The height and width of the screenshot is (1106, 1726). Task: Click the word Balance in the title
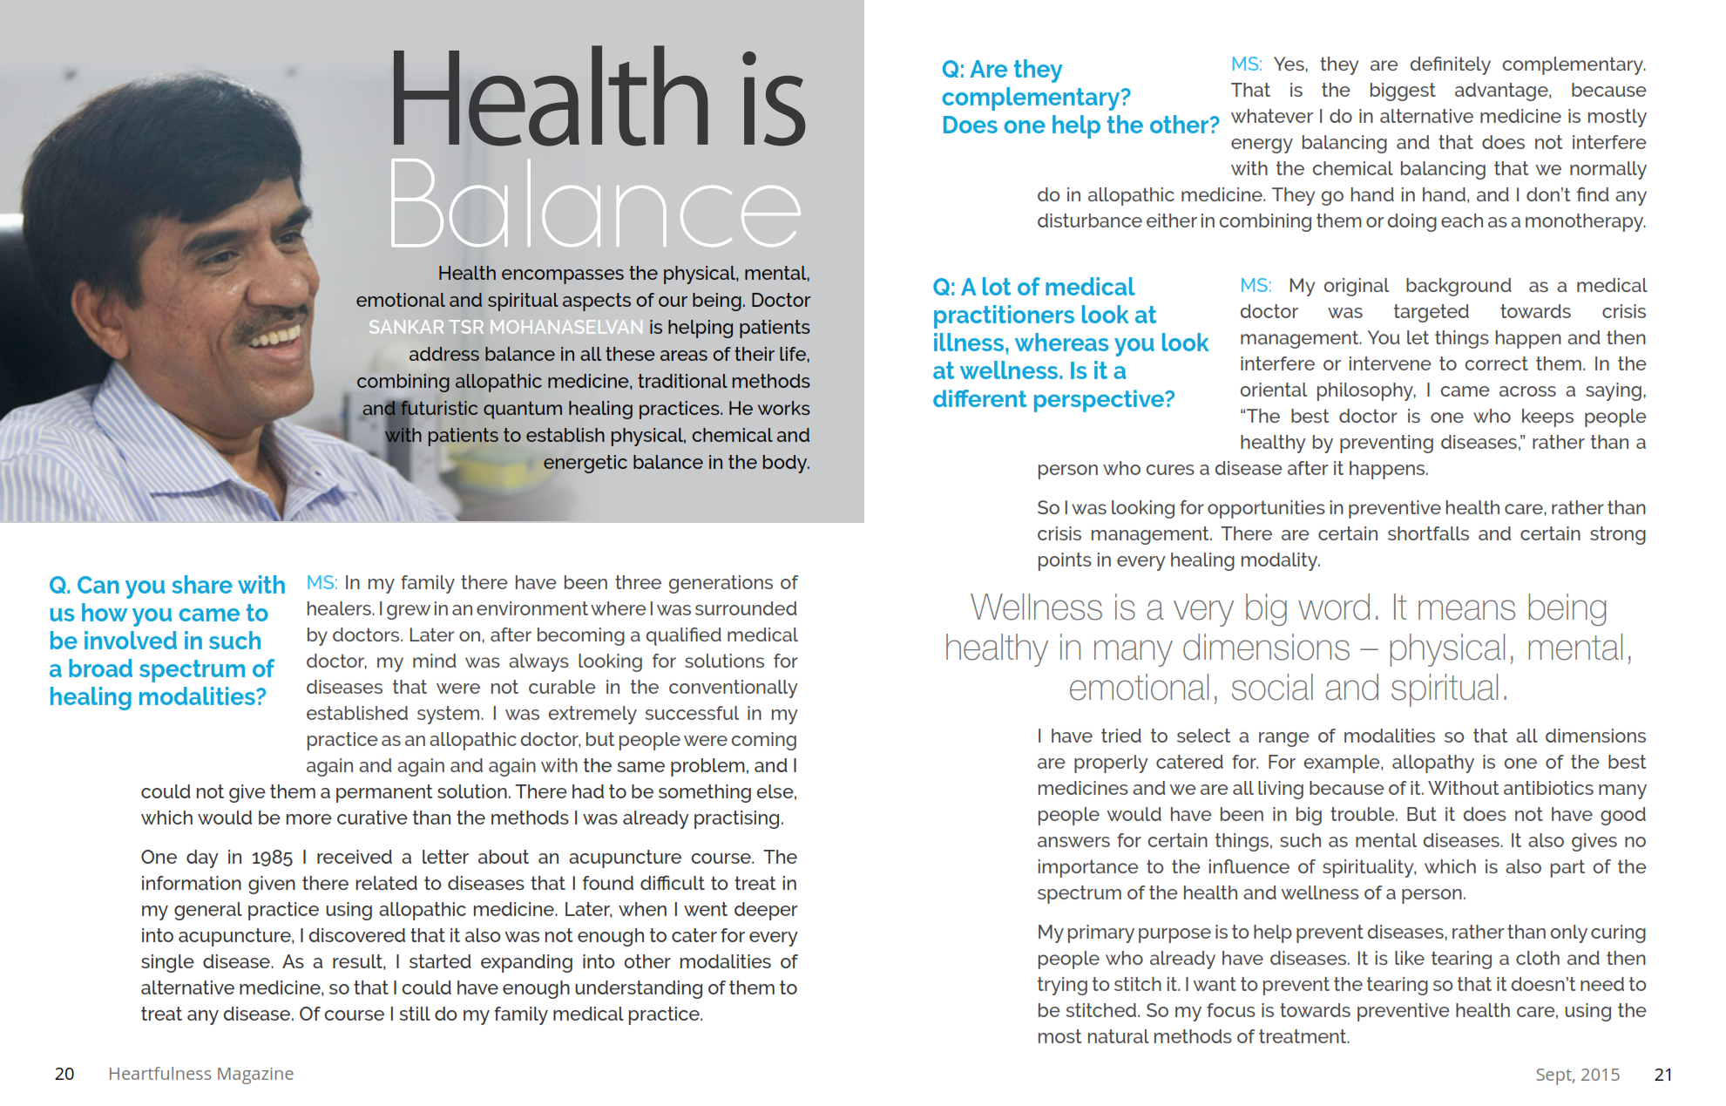594,206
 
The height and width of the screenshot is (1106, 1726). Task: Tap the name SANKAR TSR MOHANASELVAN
505,327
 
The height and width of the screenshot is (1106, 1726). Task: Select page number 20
64,1074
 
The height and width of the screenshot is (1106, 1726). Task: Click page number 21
1663,1075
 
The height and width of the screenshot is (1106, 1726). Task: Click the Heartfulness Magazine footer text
200,1074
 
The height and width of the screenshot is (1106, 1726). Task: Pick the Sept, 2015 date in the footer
1577,1075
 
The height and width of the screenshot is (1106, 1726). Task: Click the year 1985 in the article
272,858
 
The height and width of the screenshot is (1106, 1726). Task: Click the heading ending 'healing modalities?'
158,697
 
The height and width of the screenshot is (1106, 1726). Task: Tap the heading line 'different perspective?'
1053,399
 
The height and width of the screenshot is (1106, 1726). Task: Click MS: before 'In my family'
322,582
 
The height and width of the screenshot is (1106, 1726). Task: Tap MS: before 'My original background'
1256,286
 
